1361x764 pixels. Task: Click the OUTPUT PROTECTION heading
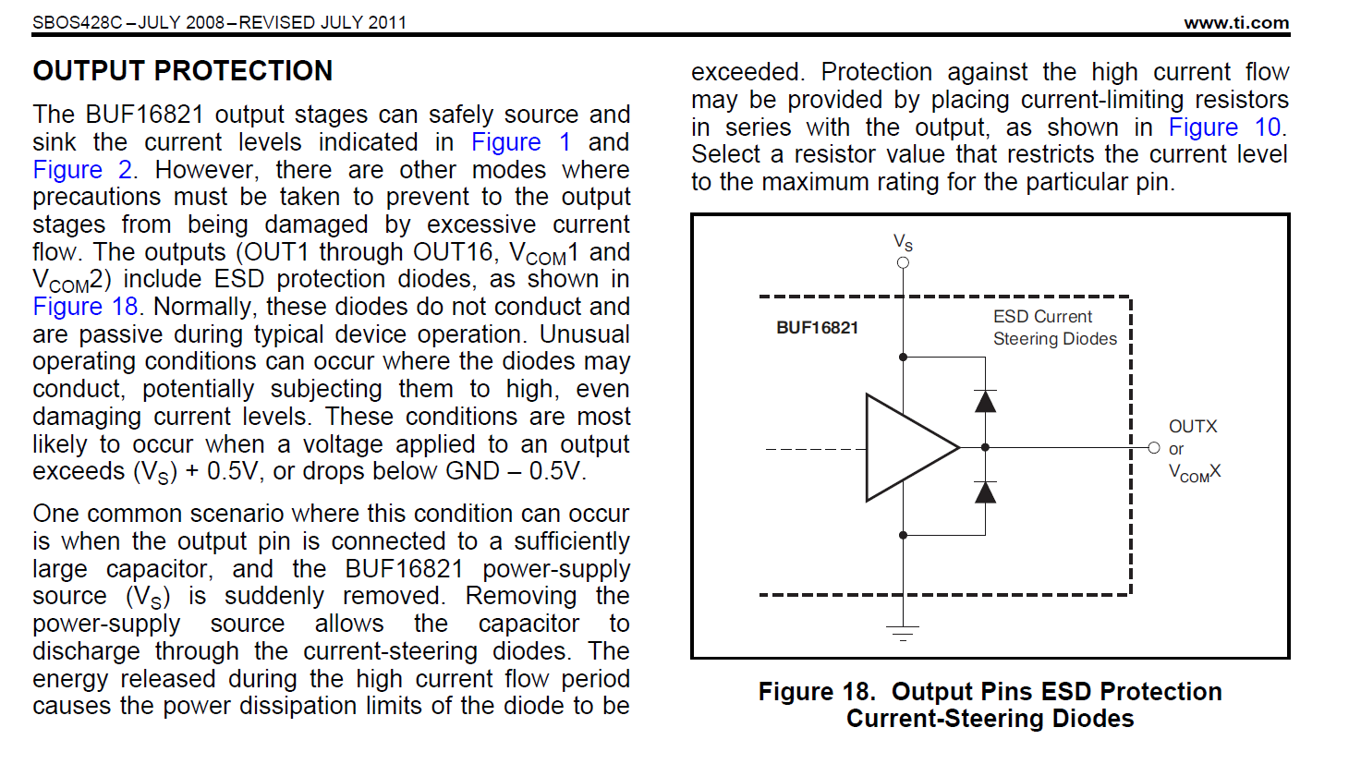tap(182, 71)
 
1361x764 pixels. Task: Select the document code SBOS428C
tap(77, 23)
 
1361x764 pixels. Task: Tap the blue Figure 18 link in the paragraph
tap(85, 307)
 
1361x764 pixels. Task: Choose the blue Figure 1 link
tap(521, 142)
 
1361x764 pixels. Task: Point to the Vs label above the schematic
tap(903, 243)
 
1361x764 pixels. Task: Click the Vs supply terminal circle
tap(903, 262)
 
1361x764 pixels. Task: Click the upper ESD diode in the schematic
tap(986, 401)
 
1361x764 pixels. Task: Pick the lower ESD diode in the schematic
tap(986, 492)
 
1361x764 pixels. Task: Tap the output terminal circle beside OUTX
tap(1154, 448)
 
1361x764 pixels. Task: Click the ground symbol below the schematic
tap(903, 633)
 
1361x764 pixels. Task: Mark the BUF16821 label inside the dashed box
tap(817, 328)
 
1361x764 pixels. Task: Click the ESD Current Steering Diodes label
tap(1054, 328)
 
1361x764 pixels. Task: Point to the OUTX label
tap(1193, 427)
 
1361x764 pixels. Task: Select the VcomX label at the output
tap(1195, 473)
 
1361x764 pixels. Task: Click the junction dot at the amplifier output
tap(986, 448)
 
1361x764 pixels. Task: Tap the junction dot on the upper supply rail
tap(903, 357)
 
